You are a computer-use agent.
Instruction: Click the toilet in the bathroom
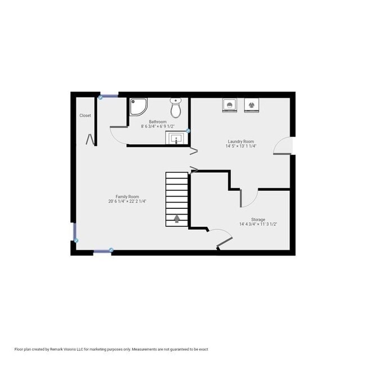176,107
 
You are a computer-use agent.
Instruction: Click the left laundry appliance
229,105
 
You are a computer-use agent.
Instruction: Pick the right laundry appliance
251,105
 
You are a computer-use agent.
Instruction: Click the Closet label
85,115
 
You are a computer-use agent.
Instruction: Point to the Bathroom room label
158,122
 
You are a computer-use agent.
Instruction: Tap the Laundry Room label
240,141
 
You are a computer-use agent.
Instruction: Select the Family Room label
127,197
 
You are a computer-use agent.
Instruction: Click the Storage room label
258,219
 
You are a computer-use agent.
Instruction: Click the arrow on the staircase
177,218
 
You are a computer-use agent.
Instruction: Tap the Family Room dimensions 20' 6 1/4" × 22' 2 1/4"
127,202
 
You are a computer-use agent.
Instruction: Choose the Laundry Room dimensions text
240,146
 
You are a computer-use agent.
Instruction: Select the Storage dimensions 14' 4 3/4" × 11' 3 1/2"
258,224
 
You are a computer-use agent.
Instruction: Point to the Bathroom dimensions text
158,127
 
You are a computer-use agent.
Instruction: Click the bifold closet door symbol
89,138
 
